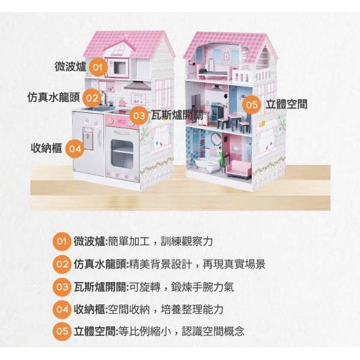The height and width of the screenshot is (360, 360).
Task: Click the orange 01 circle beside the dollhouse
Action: click(x=100, y=66)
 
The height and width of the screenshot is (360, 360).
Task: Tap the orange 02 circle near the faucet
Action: click(x=92, y=97)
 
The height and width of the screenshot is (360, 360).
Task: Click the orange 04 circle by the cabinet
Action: click(x=74, y=147)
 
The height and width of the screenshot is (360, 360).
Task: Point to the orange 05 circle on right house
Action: click(x=251, y=105)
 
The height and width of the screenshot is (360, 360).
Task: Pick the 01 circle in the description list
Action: click(x=62, y=242)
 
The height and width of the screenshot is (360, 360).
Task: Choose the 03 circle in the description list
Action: click(x=62, y=287)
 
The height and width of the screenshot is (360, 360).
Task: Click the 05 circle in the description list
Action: click(x=62, y=331)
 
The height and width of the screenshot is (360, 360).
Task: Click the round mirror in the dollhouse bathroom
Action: click(x=215, y=139)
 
